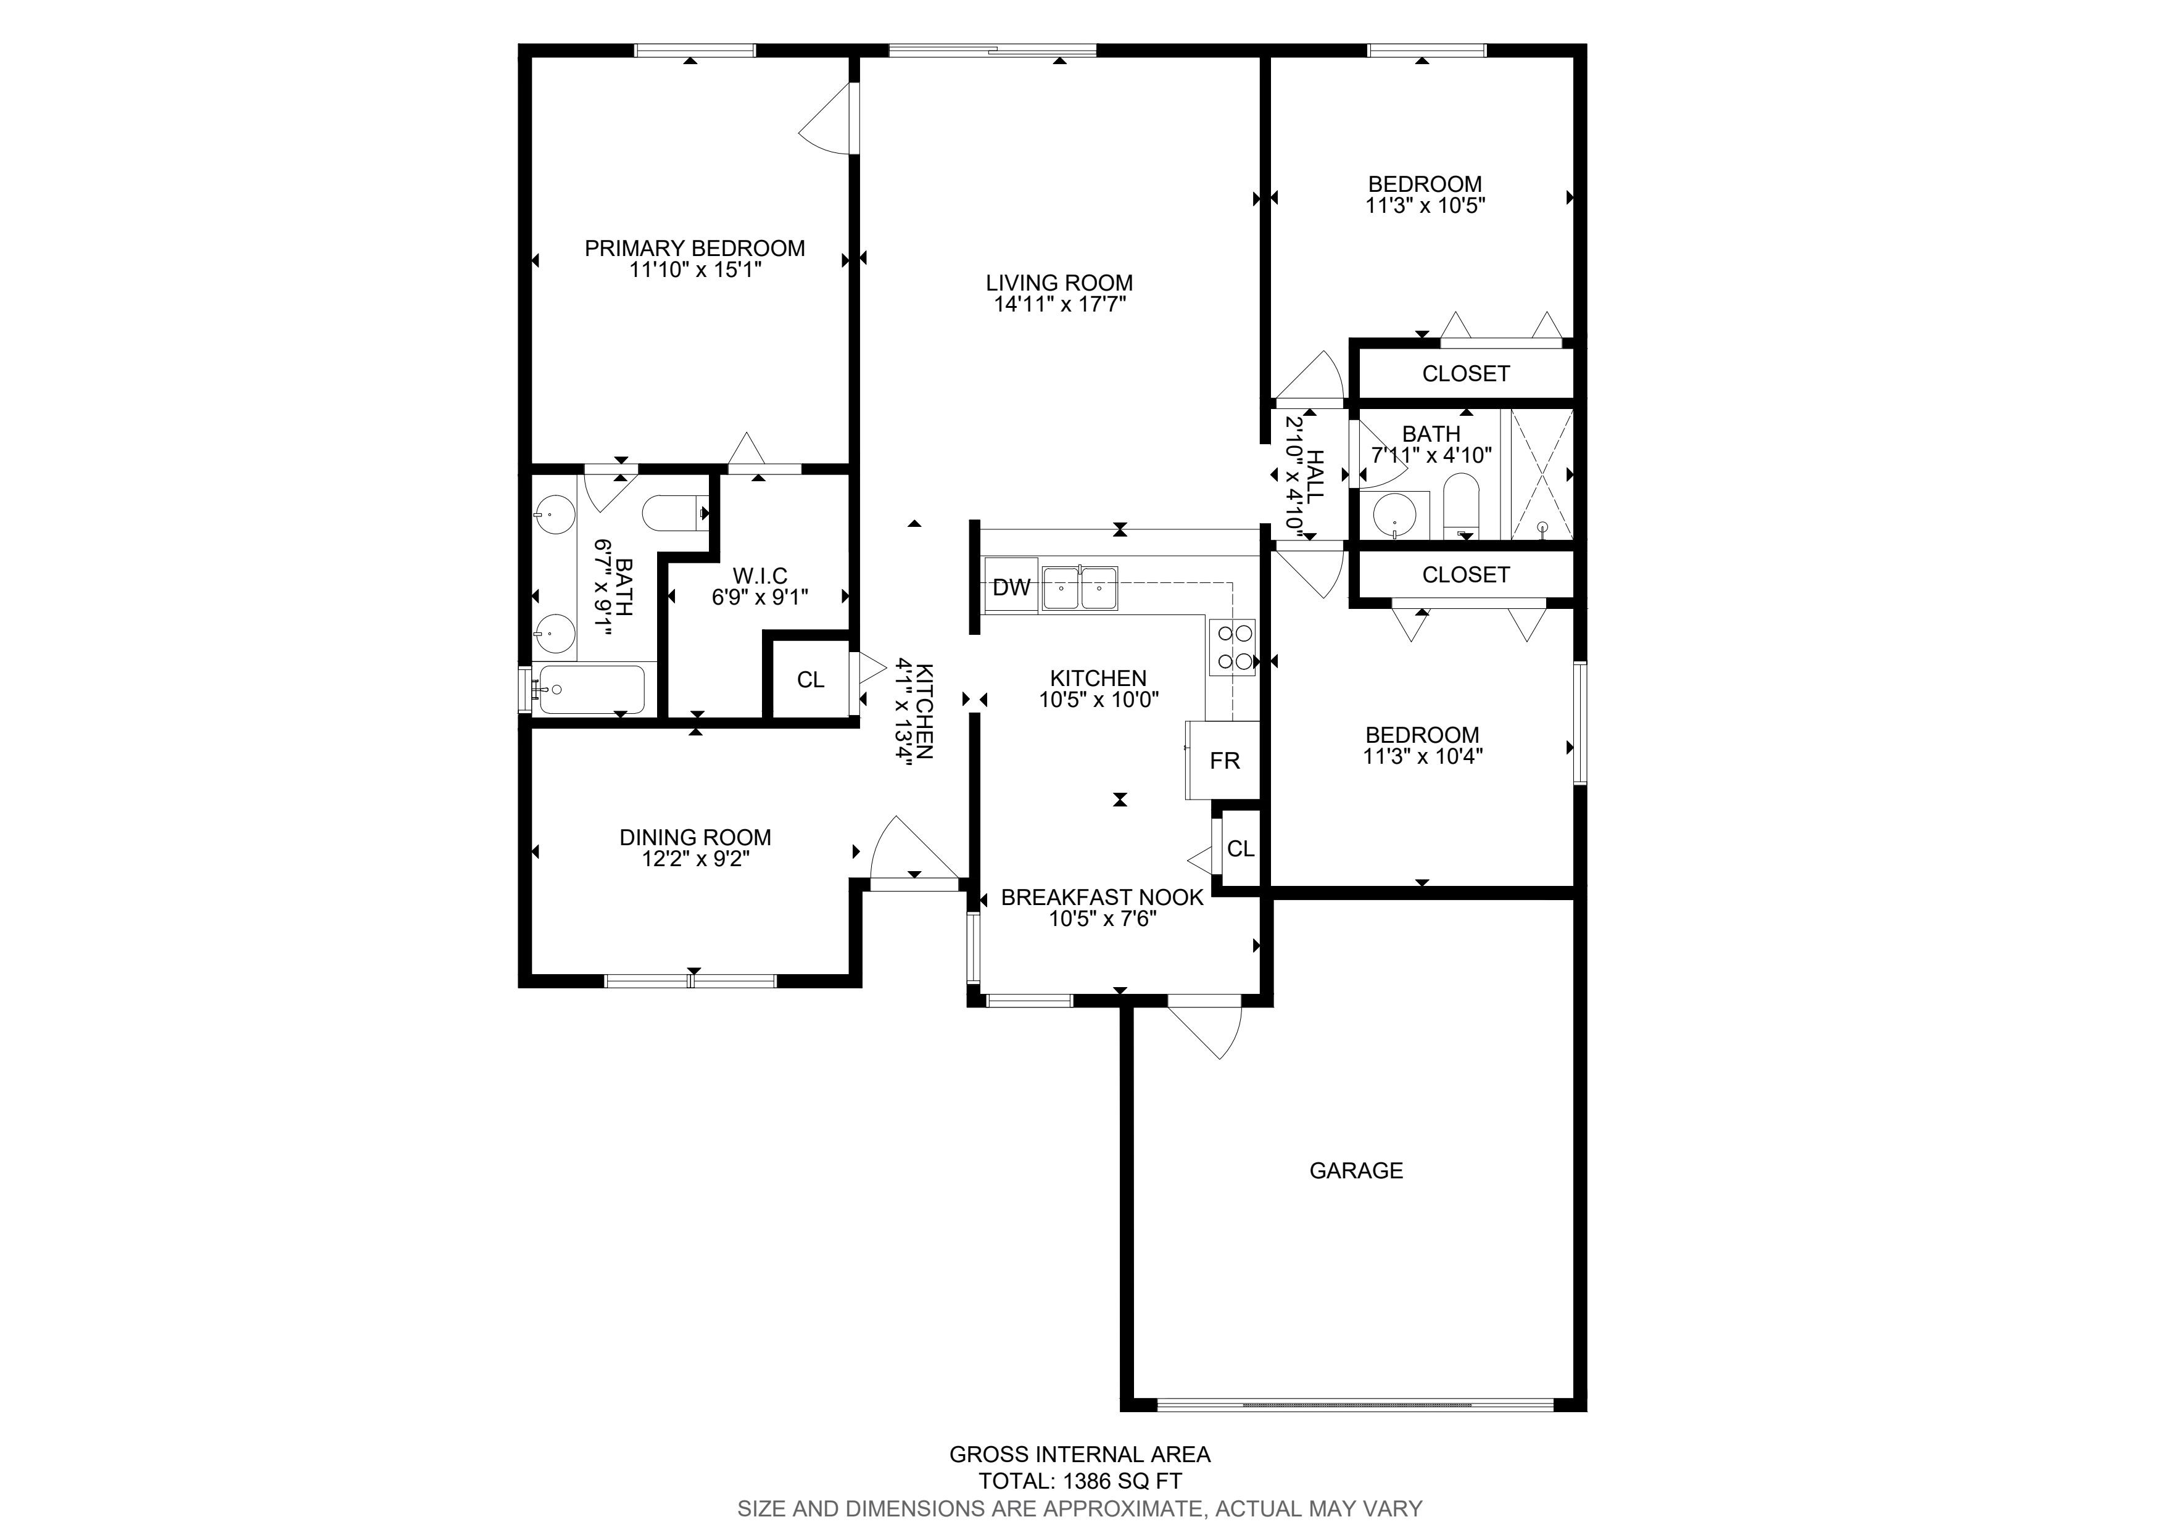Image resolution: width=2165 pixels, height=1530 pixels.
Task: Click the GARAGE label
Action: (x=1356, y=1171)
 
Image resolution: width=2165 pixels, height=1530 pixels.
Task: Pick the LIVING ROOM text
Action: (x=1059, y=283)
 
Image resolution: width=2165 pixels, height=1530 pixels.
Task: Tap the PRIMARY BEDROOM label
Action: (x=695, y=248)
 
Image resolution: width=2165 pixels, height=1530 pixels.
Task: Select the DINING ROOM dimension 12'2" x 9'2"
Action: (x=696, y=859)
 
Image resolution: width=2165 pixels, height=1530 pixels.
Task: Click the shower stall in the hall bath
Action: (x=1542, y=474)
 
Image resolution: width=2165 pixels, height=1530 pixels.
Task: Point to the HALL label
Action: (x=1315, y=477)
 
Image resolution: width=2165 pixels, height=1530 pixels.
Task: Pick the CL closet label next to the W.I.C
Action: (x=810, y=680)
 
